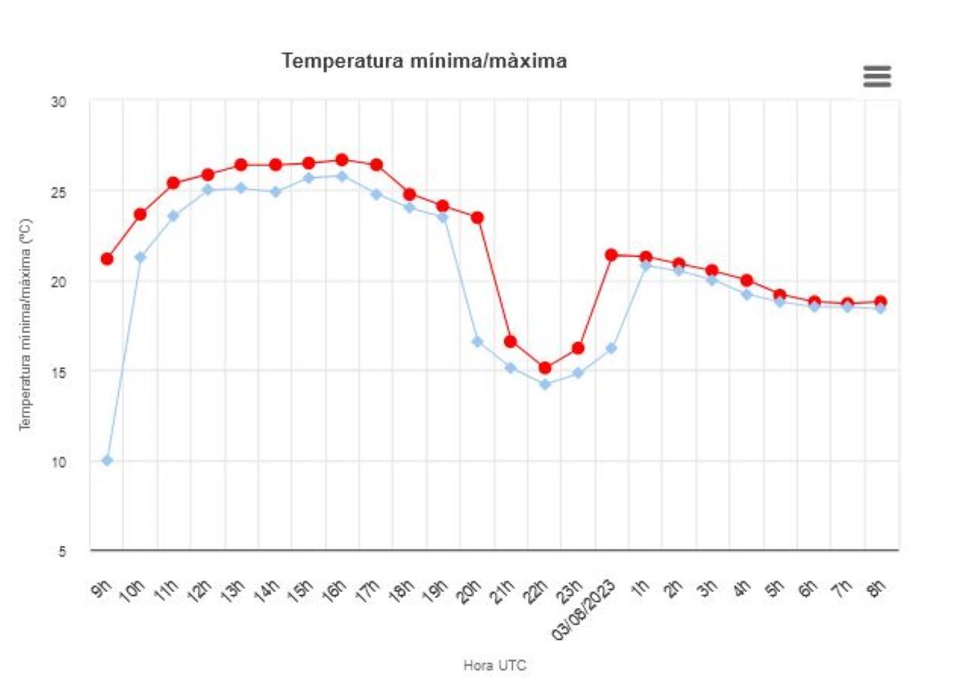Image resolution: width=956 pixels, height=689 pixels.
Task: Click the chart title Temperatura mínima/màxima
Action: click(x=424, y=62)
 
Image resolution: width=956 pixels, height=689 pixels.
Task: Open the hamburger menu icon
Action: click(x=877, y=76)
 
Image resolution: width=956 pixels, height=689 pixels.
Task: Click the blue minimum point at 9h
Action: click(x=107, y=461)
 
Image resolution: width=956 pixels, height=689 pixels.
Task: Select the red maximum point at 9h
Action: click(x=107, y=259)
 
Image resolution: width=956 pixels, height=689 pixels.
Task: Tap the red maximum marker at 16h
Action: click(x=342, y=160)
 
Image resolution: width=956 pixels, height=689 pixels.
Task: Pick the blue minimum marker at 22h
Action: click(x=544, y=384)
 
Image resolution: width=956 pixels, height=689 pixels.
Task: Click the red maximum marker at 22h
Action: click(x=544, y=368)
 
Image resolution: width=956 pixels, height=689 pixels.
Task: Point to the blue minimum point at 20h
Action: click(x=477, y=341)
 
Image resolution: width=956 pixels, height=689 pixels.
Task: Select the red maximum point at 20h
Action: click(x=477, y=217)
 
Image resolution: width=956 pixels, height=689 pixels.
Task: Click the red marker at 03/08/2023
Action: click(x=611, y=255)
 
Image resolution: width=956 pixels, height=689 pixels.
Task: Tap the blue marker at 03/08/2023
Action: click(x=611, y=348)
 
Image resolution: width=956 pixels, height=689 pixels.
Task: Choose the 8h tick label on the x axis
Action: click(x=875, y=590)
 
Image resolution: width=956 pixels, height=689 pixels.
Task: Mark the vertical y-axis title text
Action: click(x=25, y=324)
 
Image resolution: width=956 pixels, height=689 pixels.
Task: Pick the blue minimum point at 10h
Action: click(x=140, y=257)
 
